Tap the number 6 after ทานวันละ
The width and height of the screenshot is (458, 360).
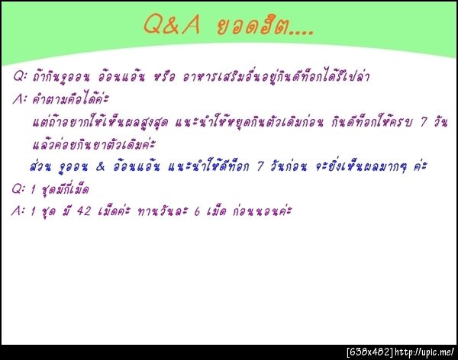(x=210, y=210)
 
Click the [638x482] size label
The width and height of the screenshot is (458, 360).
(x=369, y=352)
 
